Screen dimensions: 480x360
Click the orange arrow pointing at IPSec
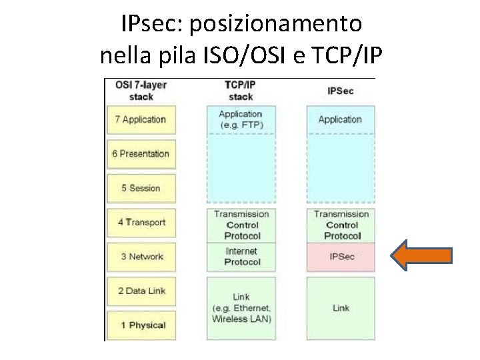[x=422, y=257]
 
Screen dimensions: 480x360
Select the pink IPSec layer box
[x=341, y=257]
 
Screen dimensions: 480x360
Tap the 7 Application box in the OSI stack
[x=141, y=120]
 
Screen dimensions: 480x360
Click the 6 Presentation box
[x=141, y=154]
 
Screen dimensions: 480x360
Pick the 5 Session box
[x=141, y=188]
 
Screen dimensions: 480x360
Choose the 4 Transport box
[x=141, y=223]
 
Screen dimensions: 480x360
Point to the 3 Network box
[x=141, y=257]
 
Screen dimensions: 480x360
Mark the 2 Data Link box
[x=141, y=291]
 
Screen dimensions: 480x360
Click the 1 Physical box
[x=141, y=325]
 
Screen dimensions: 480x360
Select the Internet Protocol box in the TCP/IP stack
[x=241, y=257]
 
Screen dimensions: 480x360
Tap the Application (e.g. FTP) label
[x=241, y=120]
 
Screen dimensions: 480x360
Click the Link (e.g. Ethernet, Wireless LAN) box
[x=241, y=308]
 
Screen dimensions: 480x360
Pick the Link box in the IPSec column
[x=341, y=308]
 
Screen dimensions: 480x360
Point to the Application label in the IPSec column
[x=340, y=120]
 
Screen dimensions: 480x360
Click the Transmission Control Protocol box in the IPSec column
[x=341, y=225]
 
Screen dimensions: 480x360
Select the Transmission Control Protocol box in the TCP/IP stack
[x=241, y=225]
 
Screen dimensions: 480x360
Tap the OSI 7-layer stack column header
[x=141, y=91]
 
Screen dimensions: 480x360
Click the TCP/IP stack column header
[x=241, y=91]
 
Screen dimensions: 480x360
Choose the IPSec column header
[x=341, y=91]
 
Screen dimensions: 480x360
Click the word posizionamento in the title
[x=277, y=25]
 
